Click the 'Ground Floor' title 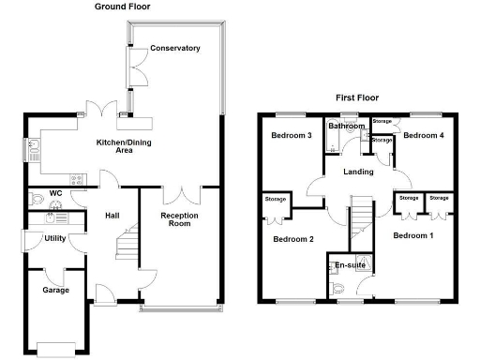click(x=122, y=7)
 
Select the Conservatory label click(x=175, y=48)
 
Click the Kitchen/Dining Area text click(x=124, y=144)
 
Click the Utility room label click(x=54, y=238)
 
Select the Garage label click(x=55, y=291)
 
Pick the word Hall click(x=112, y=217)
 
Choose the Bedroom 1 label click(x=412, y=234)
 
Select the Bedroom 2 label click(x=292, y=239)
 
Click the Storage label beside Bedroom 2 click(x=275, y=199)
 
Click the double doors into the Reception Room click(x=179, y=195)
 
